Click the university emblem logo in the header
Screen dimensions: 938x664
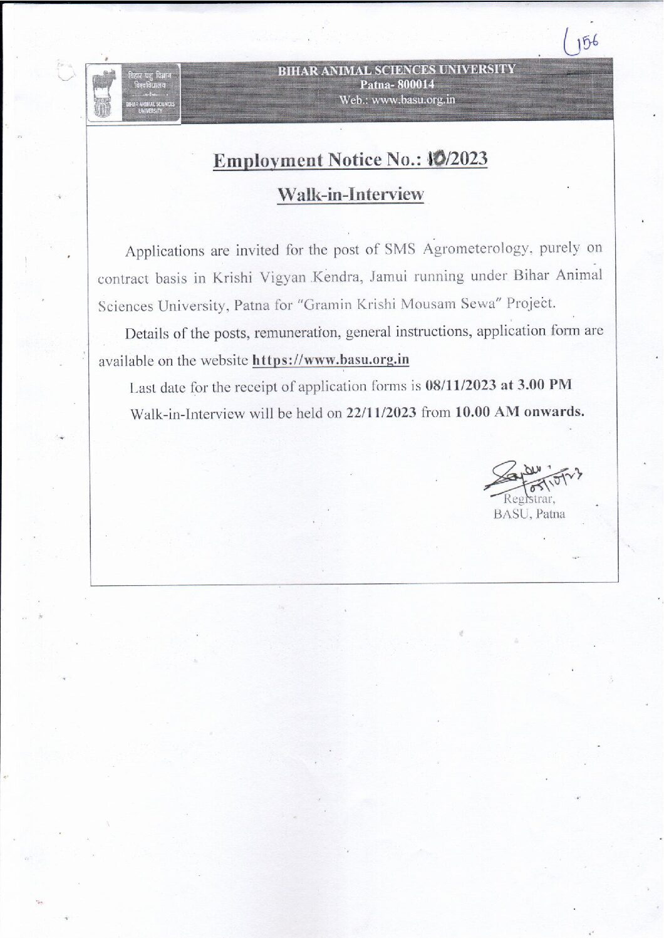tap(102, 95)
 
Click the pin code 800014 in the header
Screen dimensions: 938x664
tap(415, 85)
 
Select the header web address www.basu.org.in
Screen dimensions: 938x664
tap(413, 100)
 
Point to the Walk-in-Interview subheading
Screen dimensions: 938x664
tap(350, 194)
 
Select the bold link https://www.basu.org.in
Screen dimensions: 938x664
tap(330, 360)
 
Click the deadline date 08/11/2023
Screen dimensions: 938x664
tap(460, 385)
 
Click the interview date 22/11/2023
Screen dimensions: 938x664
tap(381, 413)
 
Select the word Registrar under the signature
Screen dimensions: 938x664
tap(529, 499)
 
